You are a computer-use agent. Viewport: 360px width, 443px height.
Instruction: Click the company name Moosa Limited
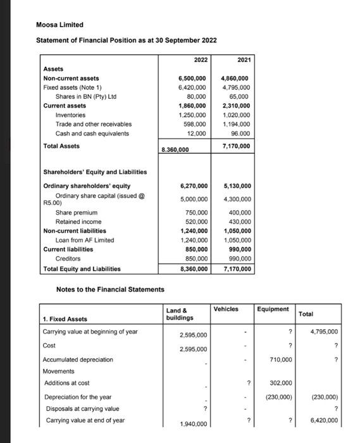(59, 25)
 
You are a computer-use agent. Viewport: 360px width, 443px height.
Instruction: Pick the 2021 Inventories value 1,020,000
(236, 115)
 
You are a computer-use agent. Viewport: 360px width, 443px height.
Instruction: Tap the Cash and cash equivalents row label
(92, 134)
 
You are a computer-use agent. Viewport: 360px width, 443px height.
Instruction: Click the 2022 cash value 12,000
(196, 134)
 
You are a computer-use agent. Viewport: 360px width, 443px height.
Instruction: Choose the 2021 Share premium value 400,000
(240, 213)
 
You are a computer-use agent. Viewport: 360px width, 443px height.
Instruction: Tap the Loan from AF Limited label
(85, 240)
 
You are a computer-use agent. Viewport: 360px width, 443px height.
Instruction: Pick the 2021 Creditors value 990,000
(239, 259)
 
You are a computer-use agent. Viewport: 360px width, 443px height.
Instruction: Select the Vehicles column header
(226, 309)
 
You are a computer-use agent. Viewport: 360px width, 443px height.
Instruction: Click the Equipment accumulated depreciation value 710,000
(280, 359)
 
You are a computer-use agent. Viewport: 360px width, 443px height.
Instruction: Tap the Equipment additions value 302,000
(280, 383)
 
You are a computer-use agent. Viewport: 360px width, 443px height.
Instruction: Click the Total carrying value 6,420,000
(325, 420)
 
